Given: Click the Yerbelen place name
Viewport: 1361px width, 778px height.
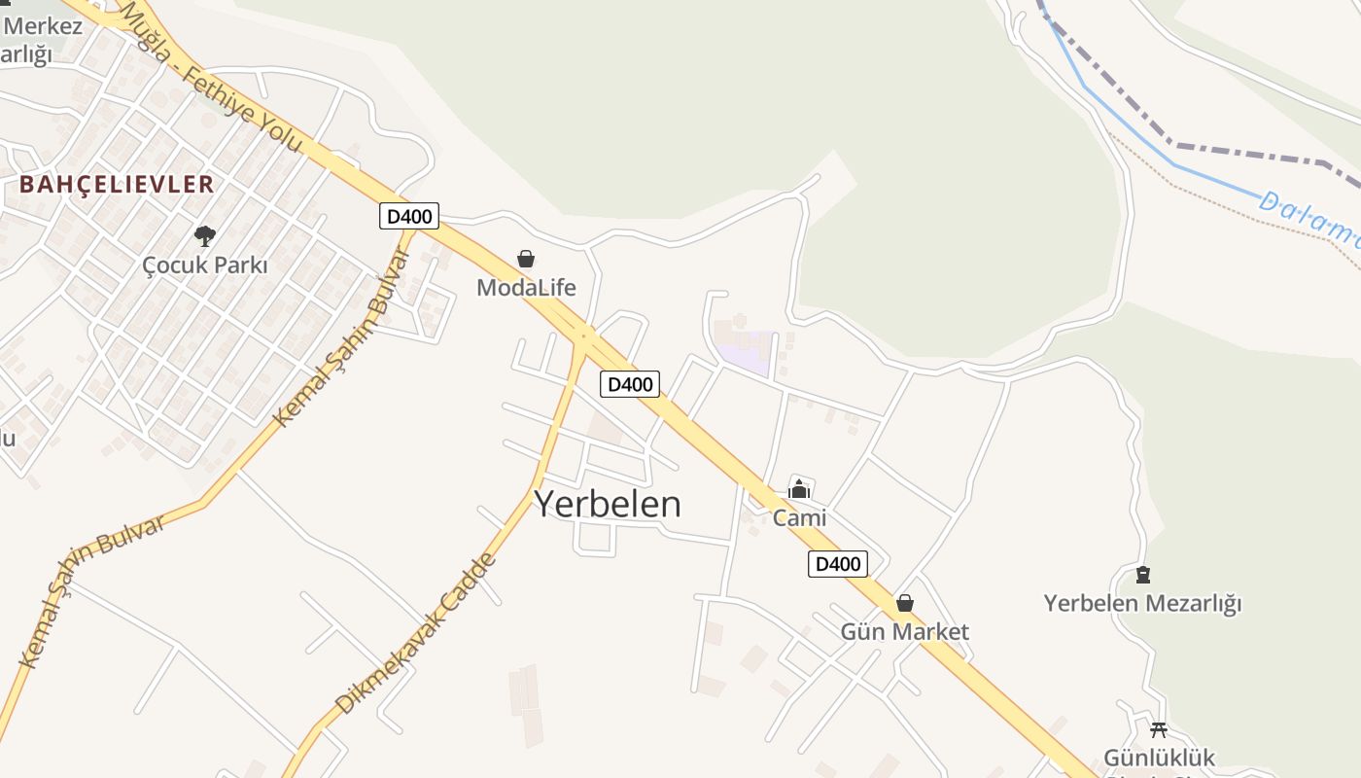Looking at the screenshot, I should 608,504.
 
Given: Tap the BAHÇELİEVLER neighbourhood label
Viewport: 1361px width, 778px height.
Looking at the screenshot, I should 117,184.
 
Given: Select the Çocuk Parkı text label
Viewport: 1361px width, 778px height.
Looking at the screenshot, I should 204,265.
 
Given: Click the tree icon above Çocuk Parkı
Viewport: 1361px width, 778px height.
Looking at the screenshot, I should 204,235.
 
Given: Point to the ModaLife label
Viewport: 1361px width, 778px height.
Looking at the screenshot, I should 526,287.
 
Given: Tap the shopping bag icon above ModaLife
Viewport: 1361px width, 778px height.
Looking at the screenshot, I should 526,259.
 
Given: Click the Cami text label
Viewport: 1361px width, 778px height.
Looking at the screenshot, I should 799,517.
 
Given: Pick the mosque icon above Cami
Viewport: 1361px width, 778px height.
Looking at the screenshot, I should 799,489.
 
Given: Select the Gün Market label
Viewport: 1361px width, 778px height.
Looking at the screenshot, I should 904,632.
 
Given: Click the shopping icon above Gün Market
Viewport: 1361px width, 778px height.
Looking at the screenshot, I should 905,604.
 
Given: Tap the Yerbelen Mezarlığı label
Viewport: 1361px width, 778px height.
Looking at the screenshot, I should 1142,603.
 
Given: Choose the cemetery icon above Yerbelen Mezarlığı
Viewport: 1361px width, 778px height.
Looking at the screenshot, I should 1142,575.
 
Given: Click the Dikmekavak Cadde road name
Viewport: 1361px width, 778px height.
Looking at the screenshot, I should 416,633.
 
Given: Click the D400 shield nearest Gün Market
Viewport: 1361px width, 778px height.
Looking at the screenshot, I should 837,563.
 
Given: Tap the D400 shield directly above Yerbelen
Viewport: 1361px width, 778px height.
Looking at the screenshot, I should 629,384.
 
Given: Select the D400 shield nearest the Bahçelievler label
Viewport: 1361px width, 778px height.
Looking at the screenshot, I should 408,216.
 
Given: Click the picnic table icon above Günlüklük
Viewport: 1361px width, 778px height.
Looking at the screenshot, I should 1158,729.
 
